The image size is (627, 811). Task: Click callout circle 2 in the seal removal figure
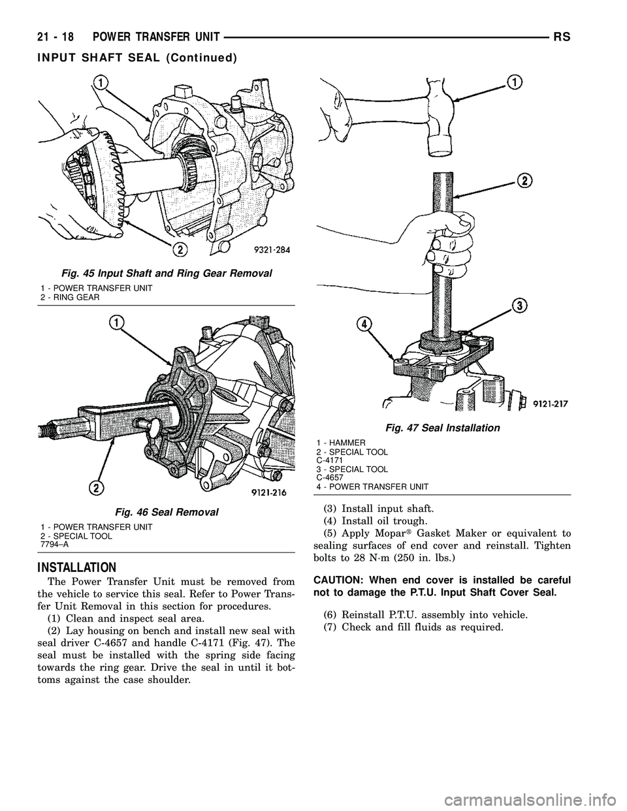pos(96,488)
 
